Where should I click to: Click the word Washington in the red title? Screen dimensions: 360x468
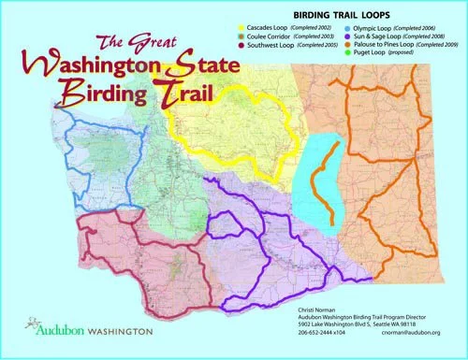(x=108, y=68)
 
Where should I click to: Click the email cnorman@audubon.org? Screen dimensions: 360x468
(x=409, y=332)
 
